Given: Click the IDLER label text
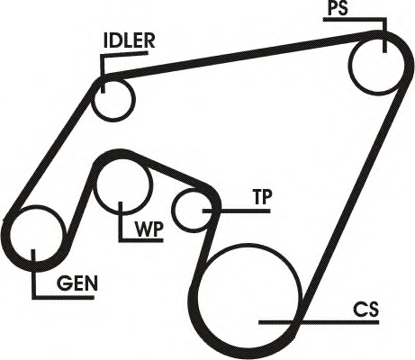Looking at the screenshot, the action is (x=129, y=40).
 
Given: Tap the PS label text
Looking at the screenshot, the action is (x=338, y=8).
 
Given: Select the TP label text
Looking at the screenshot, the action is (x=262, y=197).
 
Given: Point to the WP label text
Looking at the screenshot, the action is (x=149, y=229).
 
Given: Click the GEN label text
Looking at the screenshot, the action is (x=77, y=283).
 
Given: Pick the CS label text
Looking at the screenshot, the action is (x=365, y=310).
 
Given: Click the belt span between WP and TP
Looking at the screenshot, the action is (x=169, y=169).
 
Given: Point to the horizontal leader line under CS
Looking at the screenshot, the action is (x=319, y=322).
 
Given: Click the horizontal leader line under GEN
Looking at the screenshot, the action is (x=63, y=297).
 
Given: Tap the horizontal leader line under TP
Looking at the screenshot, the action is (x=237, y=211).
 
